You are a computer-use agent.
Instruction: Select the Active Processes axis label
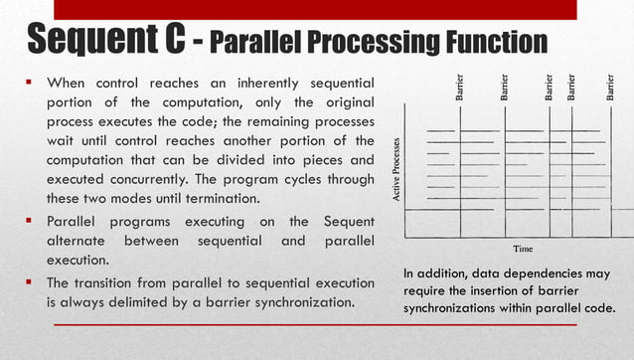pos(397,171)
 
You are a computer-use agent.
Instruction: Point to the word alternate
pos(78,241)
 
